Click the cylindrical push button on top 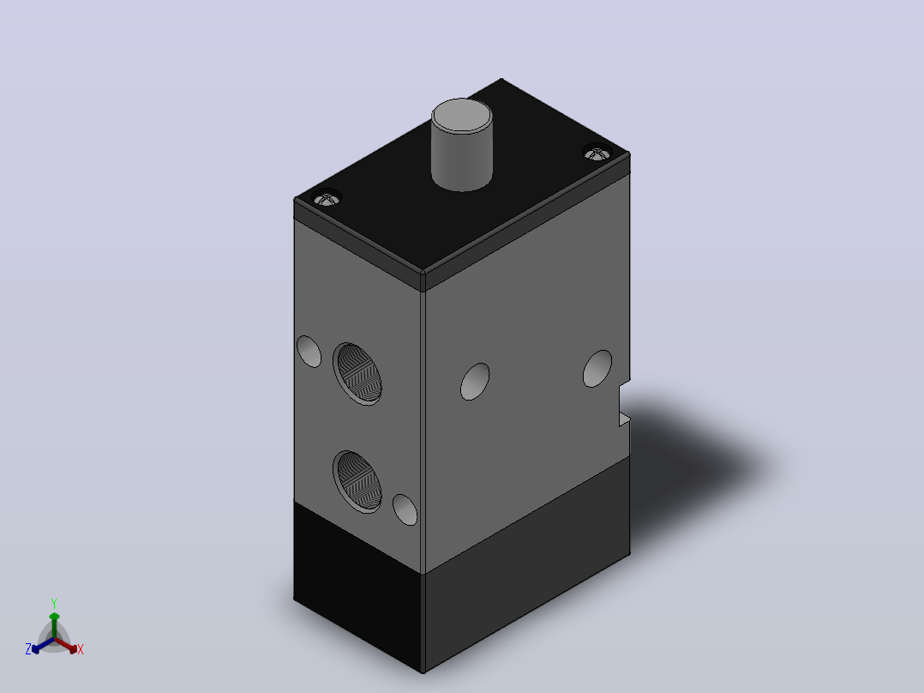pyautogui.click(x=462, y=145)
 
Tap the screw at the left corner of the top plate pyautogui.click(x=327, y=198)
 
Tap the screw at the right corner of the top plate pyautogui.click(x=597, y=153)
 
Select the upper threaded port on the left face pyautogui.click(x=357, y=374)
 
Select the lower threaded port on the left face pyautogui.click(x=357, y=481)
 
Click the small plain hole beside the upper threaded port pyautogui.click(x=309, y=352)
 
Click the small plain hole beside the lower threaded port pyautogui.click(x=405, y=509)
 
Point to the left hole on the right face pyautogui.click(x=475, y=382)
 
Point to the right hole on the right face pyautogui.click(x=597, y=369)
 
